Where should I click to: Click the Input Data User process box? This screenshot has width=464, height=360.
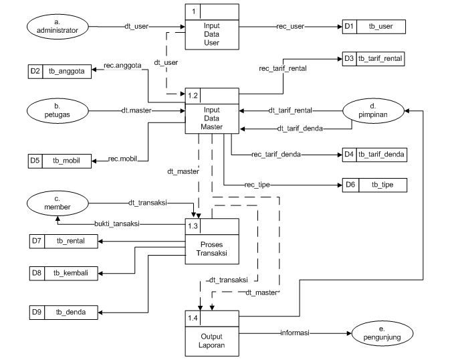click(x=211, y=27)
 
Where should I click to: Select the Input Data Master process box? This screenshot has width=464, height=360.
click(x=211, y=111)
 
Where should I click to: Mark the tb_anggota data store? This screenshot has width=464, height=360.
click(x=60, y=70)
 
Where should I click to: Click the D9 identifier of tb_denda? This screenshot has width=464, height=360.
click(x=37, y=311)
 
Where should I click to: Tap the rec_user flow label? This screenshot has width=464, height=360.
click(x=291, y=27)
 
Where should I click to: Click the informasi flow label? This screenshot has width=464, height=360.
click(x=292, y=333)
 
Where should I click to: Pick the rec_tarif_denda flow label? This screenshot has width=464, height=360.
click(x=275, y=155)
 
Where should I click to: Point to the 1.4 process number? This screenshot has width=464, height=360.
click(x=193, y=317)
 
